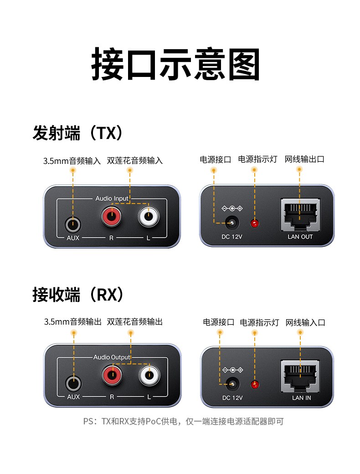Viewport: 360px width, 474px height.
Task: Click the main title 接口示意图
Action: [x=176, y=65]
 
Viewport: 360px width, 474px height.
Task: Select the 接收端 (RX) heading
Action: [x=78, y=295]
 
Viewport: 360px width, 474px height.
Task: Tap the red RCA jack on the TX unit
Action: [x=112, y=217]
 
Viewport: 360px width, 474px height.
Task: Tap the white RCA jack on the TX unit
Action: [x=149, y=217]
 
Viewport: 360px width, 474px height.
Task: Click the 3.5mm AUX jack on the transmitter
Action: [x=73, y=224]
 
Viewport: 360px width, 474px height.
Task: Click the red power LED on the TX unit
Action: [x=255, y=223]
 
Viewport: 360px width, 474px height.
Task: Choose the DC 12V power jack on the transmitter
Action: [x=232, y=223]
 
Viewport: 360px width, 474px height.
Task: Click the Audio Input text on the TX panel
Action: [x=112, y=199]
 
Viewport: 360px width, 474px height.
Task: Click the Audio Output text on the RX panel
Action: [x=112, y=357]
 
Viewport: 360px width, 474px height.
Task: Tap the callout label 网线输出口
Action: [x=304, y=159]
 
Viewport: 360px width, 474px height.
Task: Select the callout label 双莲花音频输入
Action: [x=134, y=160]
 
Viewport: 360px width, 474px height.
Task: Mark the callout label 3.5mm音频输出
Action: [x=72, y=322]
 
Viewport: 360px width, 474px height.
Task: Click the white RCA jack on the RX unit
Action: [x=149, y=376]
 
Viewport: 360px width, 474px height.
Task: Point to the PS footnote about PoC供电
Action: [x=183, y=421]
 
